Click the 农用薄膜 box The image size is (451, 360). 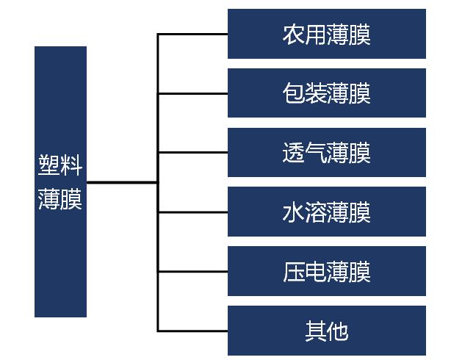click(x=327, y=34)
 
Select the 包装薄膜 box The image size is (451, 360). click(x=327, y=93)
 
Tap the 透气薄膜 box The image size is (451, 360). click(x=327, y=152)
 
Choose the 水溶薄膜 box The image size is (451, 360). click(x=327, y=212)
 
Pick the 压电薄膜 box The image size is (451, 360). click(x=327, y=271)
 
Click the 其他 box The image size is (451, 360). click(x=327, y=331)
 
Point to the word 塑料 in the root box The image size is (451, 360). click(x=60, y=165)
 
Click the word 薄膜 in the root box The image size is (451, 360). click(x=60, y=199)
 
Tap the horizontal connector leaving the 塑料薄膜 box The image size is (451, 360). click(x=122, y=182)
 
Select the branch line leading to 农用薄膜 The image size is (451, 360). click(x=192, y=35)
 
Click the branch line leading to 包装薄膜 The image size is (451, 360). click(x=192, y=93)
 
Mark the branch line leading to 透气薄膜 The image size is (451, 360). click(x=192, y=152)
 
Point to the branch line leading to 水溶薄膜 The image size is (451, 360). click(x=192, y=212)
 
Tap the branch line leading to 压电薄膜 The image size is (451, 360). click(x=192, y=271)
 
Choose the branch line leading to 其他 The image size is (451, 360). click(x=192, y=331)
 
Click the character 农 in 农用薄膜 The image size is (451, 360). click(x=293, y=35)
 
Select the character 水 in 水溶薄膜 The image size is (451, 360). click(x=293, y=212)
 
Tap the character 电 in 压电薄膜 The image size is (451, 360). click(x=316, y=272)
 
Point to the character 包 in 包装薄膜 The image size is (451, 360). click(x=293, y=93)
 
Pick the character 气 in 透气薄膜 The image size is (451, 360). click(x=316, y=153)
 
